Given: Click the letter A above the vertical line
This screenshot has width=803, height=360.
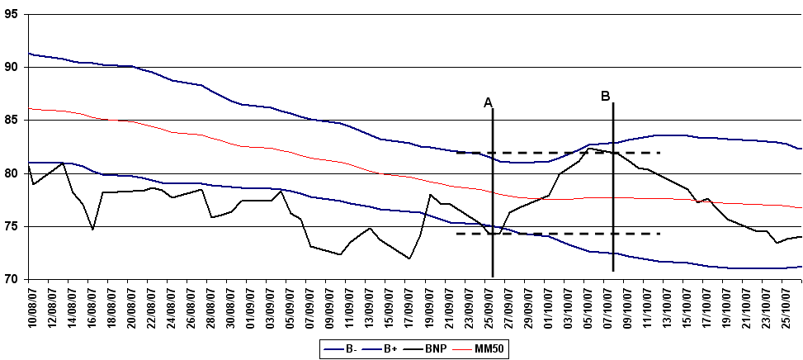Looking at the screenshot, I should click(x=488, y=102).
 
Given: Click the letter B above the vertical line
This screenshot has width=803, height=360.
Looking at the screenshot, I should click(x=605, y=96).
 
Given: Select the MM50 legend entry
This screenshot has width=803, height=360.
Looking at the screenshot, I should click(x=487, y=349).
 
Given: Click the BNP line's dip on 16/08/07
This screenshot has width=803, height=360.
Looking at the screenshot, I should click(x=92, y=229).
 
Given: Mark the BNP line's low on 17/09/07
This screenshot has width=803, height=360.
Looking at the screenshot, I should click(x=409, y=258).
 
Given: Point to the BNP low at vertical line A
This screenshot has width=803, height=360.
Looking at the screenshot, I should click(x=492, y=234).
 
